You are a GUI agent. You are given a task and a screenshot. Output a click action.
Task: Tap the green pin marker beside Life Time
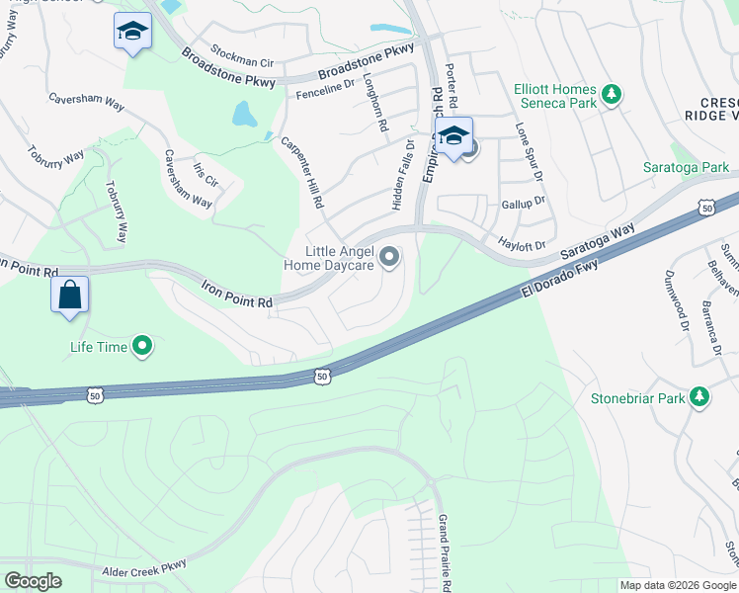[142, 346]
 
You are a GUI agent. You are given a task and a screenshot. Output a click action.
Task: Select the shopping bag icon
[70, 296]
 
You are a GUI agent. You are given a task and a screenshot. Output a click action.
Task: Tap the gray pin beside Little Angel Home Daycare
[389, 258]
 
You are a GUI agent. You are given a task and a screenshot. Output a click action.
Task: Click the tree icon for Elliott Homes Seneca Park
[613, 95]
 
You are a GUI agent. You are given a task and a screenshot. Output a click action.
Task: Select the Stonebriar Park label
[637, 398]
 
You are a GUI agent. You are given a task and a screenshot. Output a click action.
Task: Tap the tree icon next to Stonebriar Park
[699, 397]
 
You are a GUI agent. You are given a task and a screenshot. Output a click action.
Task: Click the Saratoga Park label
[685, 168]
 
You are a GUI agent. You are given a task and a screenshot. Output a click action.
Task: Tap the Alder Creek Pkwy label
[144, 570]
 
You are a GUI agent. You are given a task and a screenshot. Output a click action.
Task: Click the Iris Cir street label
[206, 175]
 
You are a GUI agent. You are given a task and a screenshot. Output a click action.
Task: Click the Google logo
[33, 581]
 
